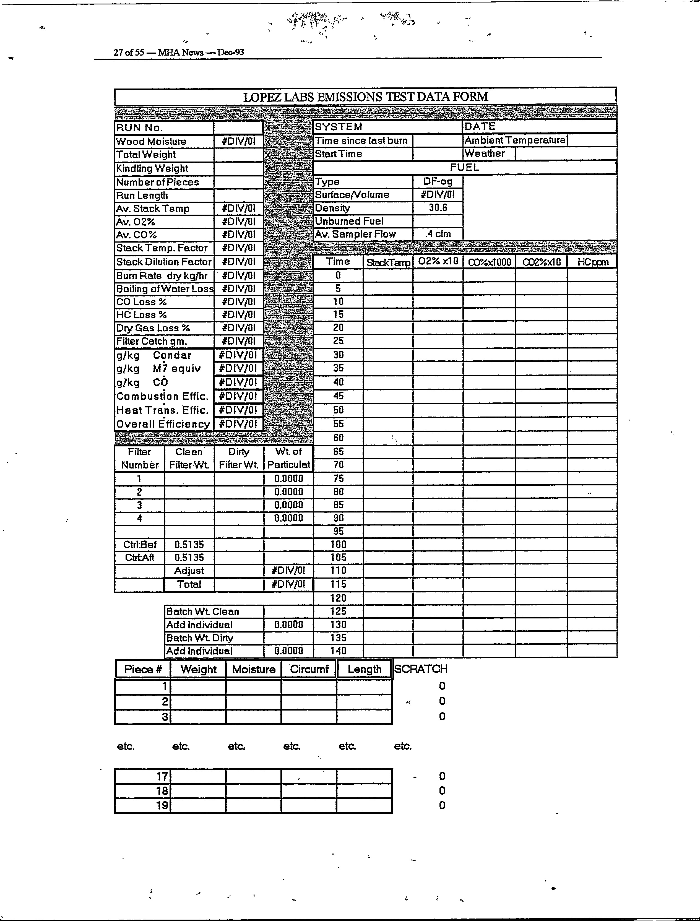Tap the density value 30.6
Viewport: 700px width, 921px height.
[438, 208]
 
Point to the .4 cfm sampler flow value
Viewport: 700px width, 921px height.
[438, 234]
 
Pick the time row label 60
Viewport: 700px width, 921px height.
[338, 438]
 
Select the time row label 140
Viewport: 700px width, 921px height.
[338, 651]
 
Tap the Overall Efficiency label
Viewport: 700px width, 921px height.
[163, 424]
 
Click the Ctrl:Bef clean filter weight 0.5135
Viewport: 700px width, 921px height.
[189, 544]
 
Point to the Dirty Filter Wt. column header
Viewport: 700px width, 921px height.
[239, 458]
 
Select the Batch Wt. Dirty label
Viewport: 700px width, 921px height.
[200, 638]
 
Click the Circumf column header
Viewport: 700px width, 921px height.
[309, 669]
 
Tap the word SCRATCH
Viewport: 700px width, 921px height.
[421, 669]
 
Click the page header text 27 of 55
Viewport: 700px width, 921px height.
[129, 53]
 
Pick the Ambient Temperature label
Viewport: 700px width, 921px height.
[515, 141]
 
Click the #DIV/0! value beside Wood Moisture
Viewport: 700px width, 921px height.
[238, 141]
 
